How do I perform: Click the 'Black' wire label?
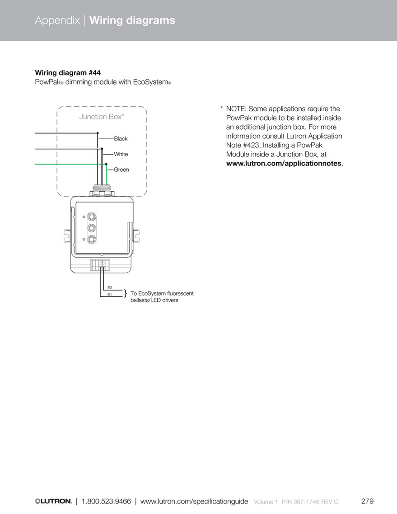click(121, 139)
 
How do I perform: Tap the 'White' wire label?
click(121, 154)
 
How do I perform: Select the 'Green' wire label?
click(121, 170)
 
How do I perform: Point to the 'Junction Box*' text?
click(102, 117)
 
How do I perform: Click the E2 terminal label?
click(109, 288)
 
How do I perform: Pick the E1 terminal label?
click(109, 295)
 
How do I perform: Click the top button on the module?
click(92, 217)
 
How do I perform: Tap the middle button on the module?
click(92, 228)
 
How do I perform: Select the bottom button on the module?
click(92, 239)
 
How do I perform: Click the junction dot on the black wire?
click(98, 133)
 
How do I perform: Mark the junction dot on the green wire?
click(106, 164)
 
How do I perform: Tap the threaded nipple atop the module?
click(102, 188)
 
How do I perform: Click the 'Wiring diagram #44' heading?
click(68, 72)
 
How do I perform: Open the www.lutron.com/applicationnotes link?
click(284, 163)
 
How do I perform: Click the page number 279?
click(367, 501)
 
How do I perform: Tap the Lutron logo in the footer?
click(53, 501)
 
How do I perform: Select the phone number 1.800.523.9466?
click(106, 501)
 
